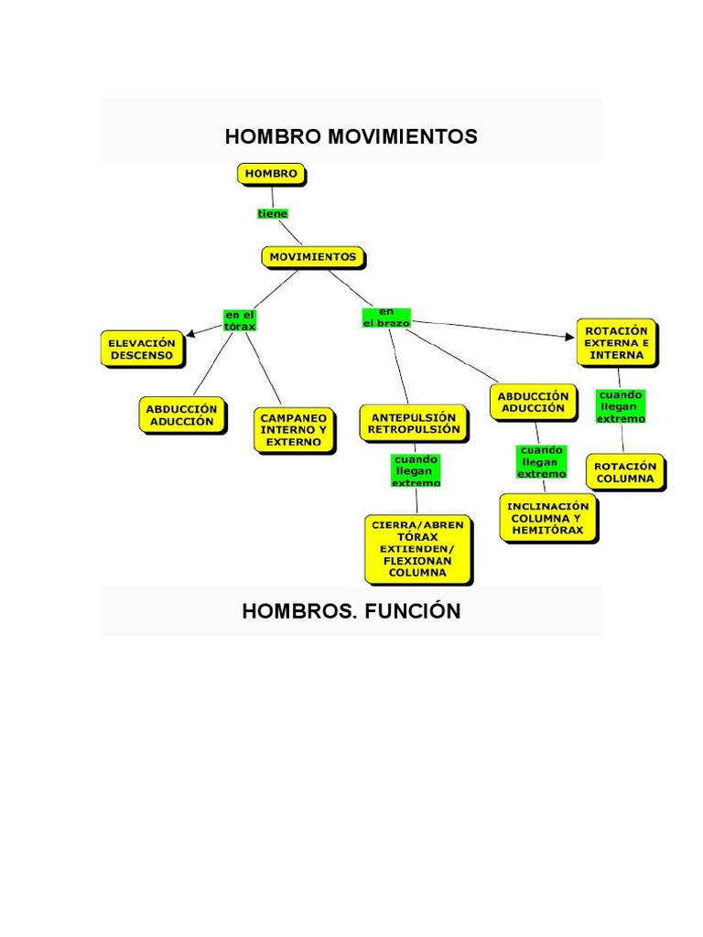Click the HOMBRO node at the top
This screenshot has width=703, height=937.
(x=271, y=173)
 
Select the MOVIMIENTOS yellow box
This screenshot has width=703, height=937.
(x=313, y=257)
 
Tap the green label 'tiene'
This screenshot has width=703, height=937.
(x=273, y=213)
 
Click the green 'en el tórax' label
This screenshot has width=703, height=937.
(x=240, y=319)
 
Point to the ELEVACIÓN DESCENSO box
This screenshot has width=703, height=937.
(x=141, y=350)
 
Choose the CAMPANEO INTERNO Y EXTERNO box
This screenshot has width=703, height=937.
(x=294, y=429)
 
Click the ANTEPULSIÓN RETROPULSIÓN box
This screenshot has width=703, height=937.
(x=413, y=423)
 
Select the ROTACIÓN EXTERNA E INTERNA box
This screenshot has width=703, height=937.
(x=616, y=342)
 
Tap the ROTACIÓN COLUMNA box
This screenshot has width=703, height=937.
(x=625, y=472)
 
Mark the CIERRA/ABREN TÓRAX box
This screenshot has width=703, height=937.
(x=417, y=548)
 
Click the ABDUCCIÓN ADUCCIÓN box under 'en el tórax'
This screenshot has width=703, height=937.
(x=181, y=415)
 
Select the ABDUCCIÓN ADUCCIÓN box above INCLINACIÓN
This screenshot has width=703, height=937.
(x=533, y=402)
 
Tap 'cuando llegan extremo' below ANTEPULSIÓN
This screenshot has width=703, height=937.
(x=416, y=470)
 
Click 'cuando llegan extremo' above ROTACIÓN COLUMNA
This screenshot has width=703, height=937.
(x=621, y=406)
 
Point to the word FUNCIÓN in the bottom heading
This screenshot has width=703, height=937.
(x=413, y=611)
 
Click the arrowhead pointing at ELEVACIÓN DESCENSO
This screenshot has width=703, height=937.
(x=189, y=336)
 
